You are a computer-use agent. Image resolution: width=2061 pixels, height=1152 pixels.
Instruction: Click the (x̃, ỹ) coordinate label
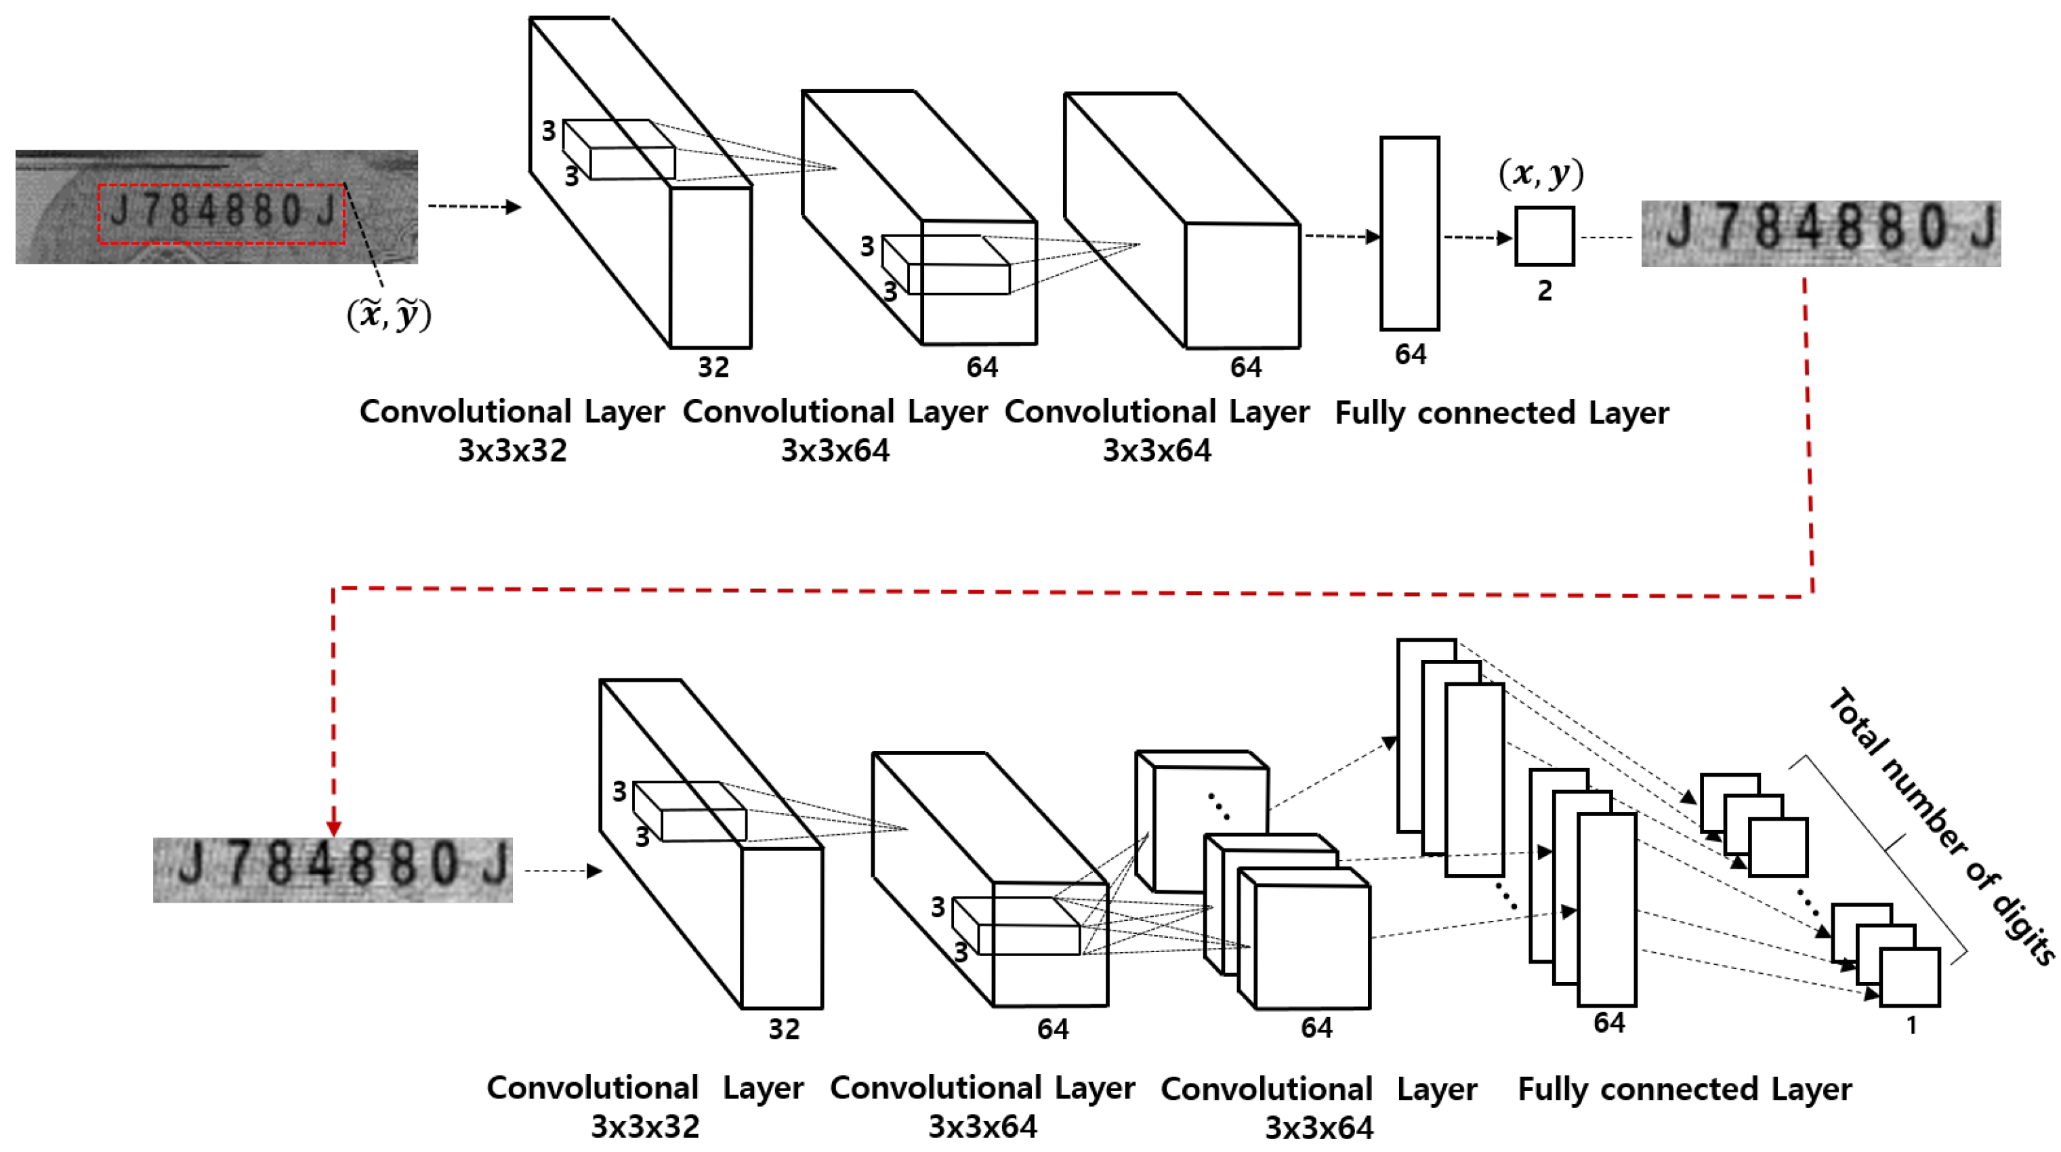[389, 314]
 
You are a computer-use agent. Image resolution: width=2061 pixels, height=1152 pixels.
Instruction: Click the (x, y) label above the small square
[1540, 173]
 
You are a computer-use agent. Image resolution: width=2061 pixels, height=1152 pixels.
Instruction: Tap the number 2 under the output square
[1544, 291]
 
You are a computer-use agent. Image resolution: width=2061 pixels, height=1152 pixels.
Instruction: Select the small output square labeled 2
[1544, 236]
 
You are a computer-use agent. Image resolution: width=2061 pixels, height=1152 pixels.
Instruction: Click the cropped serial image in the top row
[1820, 233]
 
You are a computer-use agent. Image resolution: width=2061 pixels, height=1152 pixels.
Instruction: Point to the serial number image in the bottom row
[332, 869]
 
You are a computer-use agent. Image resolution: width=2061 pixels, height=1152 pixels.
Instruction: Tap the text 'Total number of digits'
[1940, 824]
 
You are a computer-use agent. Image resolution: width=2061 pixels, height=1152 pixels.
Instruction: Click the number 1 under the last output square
[1911, 1025]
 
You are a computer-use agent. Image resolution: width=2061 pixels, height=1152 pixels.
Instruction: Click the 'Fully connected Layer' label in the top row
[1502, 413]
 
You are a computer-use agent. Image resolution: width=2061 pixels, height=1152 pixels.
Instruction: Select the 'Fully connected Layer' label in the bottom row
[1684, 1089]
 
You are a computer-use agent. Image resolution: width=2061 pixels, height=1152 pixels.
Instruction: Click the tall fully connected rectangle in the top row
[1409, 233]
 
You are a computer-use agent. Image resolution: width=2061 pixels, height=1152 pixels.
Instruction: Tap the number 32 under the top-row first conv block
[713, 367]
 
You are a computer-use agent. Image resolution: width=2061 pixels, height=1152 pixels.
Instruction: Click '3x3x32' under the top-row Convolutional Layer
[512, 451]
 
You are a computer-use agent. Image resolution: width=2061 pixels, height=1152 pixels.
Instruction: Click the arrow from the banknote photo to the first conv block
[474, 207]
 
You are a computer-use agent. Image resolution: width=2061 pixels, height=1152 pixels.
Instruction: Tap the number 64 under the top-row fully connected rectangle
[1410, 354]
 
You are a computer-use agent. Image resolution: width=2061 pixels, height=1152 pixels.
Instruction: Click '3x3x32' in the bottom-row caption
[645, 1126]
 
